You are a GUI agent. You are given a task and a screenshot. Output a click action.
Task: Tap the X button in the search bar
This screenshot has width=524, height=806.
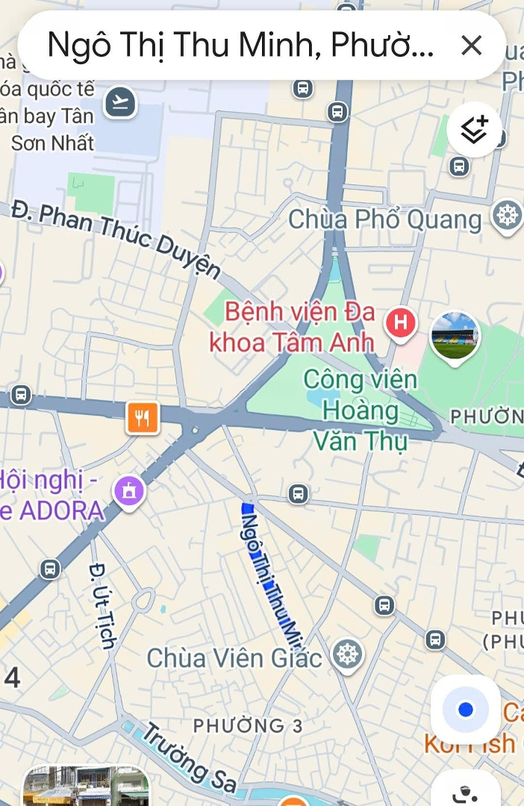(x=471, y=46)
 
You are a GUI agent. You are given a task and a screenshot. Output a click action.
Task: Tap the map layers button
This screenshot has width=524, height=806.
(x=474, y=130)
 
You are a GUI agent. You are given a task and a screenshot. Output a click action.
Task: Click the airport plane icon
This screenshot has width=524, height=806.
(x=120, y=101)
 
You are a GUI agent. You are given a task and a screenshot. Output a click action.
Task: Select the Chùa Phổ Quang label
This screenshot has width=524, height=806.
(x=385, y=219)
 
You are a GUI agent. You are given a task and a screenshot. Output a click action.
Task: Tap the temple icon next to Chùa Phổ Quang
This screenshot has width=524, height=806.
(x=508, y=216)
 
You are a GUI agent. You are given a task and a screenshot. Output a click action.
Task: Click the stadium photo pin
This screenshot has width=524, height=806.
(x=455, y=337)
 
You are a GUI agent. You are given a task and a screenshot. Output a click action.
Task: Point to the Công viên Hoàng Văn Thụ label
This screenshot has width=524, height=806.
(x=361, y=410)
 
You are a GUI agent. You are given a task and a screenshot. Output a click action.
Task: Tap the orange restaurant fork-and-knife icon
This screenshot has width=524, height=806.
(x=143, y=417)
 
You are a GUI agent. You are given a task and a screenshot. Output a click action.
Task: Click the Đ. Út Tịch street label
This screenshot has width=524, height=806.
(x=102, y=605)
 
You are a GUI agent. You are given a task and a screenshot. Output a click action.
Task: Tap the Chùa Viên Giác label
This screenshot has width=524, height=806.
(x=234, y=657)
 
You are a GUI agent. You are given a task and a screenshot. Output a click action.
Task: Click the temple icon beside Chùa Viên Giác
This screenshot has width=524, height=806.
(x=347, y=655)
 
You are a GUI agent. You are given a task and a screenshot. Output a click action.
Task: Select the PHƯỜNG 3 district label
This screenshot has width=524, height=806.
(x=249, y=725)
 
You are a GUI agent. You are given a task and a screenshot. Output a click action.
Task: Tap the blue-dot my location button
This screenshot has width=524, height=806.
(x=466, y=709)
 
